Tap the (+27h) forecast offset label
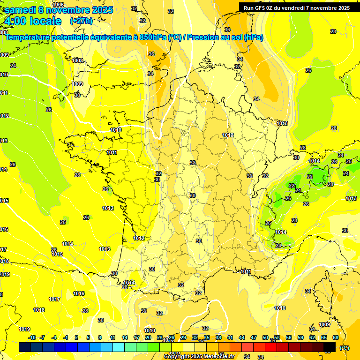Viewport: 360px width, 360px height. [x=81, y=21]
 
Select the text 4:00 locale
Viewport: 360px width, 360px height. [x=32, y=21]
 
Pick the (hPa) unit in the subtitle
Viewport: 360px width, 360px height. [x=254, y=37]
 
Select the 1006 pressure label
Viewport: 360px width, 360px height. [x=59, y=5]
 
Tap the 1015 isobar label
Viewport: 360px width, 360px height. [x=57, y=255]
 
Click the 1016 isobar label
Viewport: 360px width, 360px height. [x=79, y=294]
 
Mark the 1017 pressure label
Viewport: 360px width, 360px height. [x=54, y=300]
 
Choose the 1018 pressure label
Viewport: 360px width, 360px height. [x=39, y=310]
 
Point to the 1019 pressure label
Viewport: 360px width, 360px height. [x=24, y=329]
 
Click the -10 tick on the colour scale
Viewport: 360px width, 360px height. [x=32, y=337]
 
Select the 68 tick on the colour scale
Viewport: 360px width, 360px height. [x=336, y=337]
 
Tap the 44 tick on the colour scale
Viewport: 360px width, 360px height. [x=242, y=337]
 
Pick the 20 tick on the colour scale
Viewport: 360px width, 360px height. [x=148, y=337]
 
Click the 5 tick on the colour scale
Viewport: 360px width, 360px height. [x=89, y=337]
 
